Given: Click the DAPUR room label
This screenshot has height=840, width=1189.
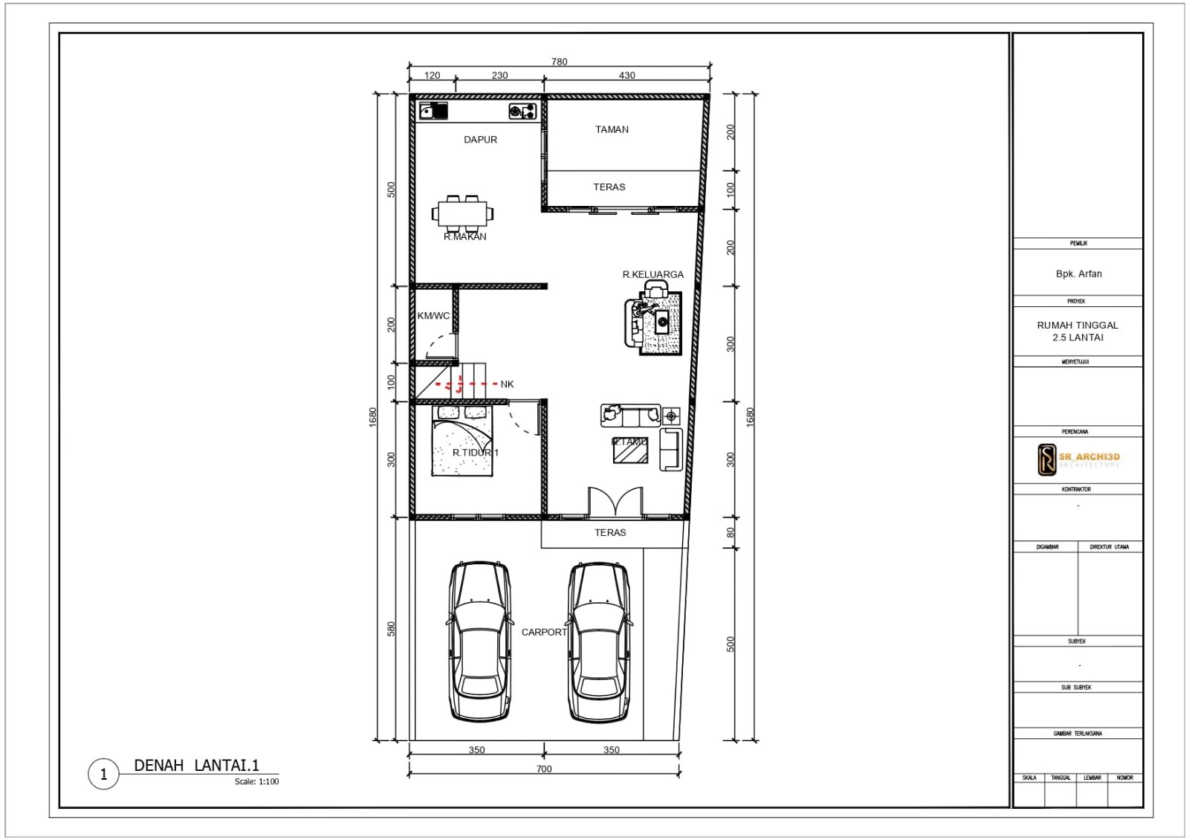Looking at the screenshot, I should (480, 140).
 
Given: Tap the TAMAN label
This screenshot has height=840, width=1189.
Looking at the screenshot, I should (612, 129).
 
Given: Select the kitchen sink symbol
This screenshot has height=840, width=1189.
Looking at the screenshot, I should (433, 112).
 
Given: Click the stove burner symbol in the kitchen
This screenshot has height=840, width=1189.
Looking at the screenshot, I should (522, 112).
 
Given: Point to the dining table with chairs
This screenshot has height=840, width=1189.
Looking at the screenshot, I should (462, 213).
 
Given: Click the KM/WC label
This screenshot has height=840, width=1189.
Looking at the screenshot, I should (433, 316).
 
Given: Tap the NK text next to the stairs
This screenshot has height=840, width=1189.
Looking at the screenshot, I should (507, 384).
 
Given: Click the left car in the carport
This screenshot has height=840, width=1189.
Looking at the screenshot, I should (479, 641).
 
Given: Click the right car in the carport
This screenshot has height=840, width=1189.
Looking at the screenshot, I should (599, 641).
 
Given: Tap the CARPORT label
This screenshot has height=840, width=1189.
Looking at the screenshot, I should (544, 632).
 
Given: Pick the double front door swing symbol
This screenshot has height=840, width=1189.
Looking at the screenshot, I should (615, 502).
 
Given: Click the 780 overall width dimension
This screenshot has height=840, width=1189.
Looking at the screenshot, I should (559, 62).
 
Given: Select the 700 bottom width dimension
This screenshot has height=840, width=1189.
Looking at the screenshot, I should (544, 769).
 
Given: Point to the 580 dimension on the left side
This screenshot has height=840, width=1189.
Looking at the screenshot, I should (391, 629).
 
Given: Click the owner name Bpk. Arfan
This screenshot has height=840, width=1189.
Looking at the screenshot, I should (1078, 274).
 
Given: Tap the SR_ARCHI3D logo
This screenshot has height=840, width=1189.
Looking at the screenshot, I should (1078, 459).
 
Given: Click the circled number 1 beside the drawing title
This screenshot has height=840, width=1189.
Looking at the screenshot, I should (103, 774).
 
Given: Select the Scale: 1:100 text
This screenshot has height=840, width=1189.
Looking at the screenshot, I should (256, 781).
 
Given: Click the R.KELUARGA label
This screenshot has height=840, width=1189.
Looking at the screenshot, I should (652, 274).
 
